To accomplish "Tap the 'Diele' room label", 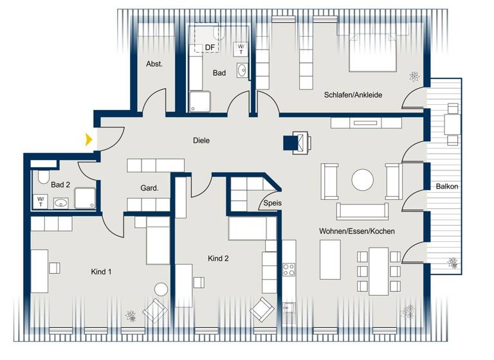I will tap(201, 140).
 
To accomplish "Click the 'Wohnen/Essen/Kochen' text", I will tap(356, 231).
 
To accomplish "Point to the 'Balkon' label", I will tap(447, 186).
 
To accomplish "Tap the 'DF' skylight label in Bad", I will tap(210, 47).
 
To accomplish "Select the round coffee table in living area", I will tap(362, 179).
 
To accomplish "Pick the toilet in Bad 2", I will tap(43, 177).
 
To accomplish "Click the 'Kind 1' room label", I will tap(101, 272).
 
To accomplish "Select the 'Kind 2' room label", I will tap(218, 258).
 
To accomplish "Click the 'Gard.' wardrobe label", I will tap(149, 188).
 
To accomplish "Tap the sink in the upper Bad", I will tap(242, 71).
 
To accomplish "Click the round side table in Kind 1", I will tap(161, 289).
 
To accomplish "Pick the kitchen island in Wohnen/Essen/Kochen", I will tap(330, 259).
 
